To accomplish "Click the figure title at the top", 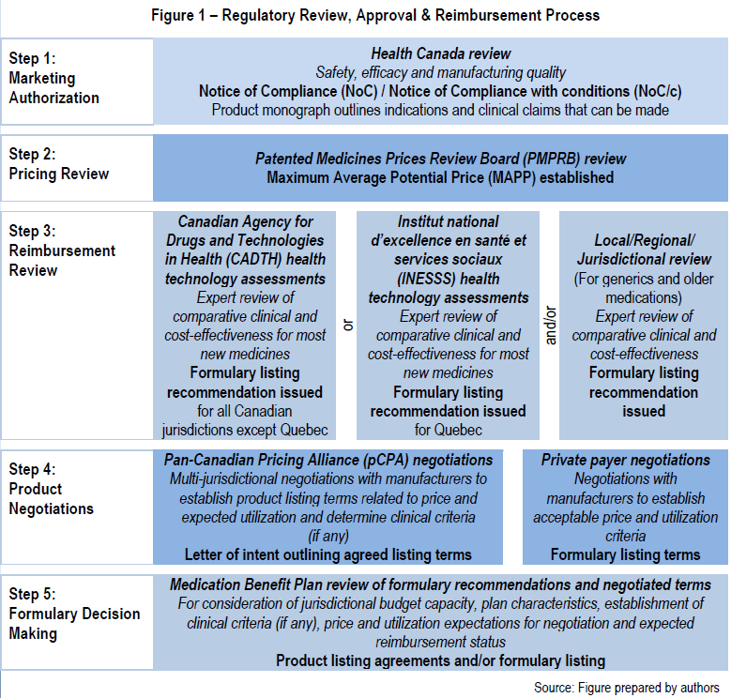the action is coord(375,15).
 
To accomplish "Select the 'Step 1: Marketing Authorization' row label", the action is coord(54,78).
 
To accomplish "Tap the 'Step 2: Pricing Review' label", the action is coord(59,163).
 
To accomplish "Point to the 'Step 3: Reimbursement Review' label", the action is coord(62,250).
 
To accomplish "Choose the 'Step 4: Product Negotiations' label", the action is coord(52,489).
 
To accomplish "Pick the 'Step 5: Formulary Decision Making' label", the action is coord(74,614).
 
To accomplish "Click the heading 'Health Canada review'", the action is coord(441,53).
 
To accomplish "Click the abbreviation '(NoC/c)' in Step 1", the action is coord(658,91).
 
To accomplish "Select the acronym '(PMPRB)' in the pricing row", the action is coord(551,159).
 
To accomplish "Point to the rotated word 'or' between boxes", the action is coord(348,325).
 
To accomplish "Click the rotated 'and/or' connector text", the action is coord(551,326).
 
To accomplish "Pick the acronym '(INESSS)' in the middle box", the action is coord(426,279).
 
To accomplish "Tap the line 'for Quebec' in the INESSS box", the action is coord(448,430).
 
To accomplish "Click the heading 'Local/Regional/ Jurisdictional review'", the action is coord(644,250).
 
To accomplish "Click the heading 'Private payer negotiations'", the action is coord(625,461).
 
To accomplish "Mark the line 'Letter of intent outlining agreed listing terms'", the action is coord(328,555).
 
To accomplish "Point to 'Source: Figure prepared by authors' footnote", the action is coord(627,688).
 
